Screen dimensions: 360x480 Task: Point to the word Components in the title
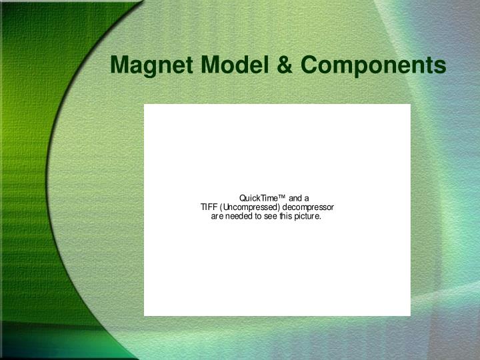(x=373, y=65)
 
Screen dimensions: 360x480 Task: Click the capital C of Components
(x=309, y=65)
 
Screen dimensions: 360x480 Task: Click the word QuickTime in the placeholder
(x=258, y=198)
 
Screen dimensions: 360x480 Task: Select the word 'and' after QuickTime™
(x=295, y=198)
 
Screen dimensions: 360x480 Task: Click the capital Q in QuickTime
(x=243, y=198)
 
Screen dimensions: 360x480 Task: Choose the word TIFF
(x=209, y=207)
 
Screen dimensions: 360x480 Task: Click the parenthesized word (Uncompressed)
(x=250, y=207)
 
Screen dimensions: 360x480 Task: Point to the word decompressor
(x=308, y=207)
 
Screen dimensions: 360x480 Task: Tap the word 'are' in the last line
(x=217, y=217)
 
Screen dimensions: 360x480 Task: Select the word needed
(x=239, y=217)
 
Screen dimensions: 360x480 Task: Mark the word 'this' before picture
(x=285, y=217)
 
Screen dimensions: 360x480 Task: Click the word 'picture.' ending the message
(x=308, y=217)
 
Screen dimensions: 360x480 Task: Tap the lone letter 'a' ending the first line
(x=306, y=198)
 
